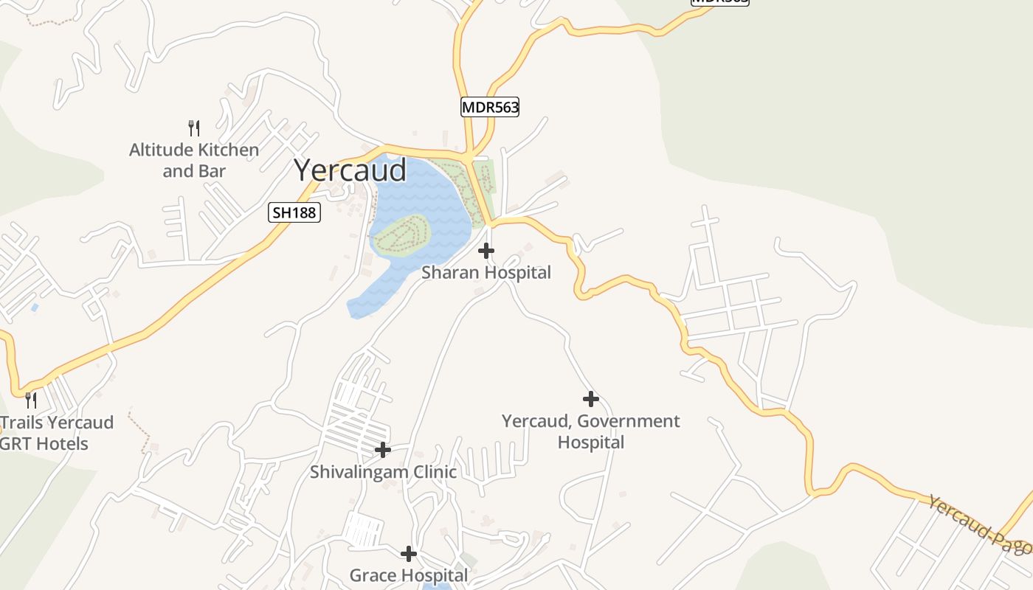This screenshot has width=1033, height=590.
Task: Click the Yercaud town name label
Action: (x=350, y=170)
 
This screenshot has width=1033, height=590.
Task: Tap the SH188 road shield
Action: (x=294, y=213)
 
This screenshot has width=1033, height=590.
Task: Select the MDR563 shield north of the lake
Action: (x=490, y=107)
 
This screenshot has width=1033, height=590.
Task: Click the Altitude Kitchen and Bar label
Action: (x=194, y=160)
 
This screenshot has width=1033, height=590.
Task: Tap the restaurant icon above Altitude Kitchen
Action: (x=194, y=128)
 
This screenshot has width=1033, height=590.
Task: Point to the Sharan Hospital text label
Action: (x=486, y=273)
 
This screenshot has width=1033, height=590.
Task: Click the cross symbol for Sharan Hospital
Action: (x=486, y=251)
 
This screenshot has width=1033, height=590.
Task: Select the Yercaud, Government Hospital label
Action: (x=590, y=431)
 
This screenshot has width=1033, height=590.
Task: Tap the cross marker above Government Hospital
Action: (x=590, y=399)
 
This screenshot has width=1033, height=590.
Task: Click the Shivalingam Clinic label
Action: (x=383, y=472)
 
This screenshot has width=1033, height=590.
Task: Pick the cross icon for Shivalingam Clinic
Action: (x=383, y=449)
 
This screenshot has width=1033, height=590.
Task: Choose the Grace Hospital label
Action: (x=408, y=575)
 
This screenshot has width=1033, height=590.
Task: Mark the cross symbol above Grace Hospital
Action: (x=409, y=553)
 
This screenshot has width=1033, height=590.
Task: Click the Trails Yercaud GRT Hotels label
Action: (x=52, y=433)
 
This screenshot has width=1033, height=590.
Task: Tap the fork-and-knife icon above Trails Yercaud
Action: (x=31, y=400)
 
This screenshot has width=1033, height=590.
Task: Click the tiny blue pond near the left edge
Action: (x=35, y=307)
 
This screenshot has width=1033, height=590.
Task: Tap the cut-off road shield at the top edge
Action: (x=719, y=2)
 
